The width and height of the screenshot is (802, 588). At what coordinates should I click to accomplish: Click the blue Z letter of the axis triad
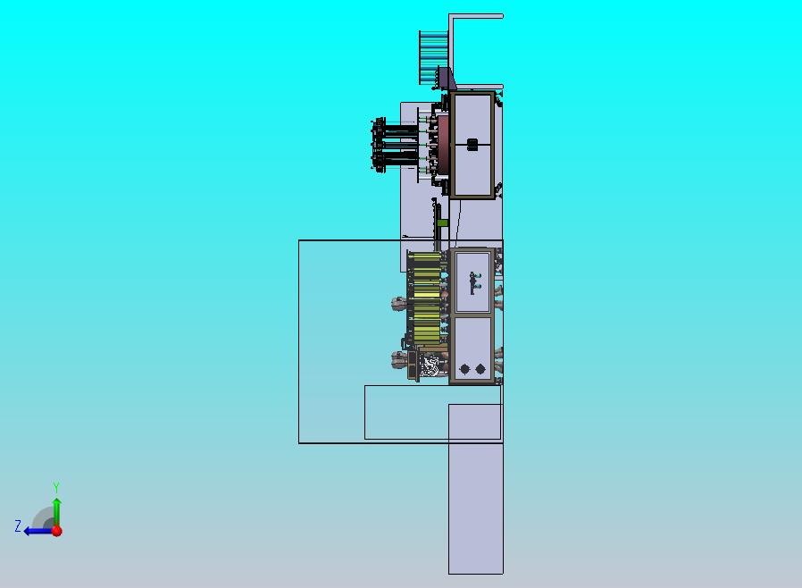18,525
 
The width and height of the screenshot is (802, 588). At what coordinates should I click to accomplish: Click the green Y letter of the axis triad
56,487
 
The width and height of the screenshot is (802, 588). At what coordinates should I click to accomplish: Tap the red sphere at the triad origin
57,531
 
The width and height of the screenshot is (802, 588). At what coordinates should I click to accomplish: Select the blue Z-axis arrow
38,531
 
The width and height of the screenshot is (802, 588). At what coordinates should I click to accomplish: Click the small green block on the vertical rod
442,223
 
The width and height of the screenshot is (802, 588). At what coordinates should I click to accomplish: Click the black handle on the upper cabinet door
472,145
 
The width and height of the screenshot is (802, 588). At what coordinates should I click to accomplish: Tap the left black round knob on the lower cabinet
464,368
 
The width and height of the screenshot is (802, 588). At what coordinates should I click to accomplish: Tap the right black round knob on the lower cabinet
480,368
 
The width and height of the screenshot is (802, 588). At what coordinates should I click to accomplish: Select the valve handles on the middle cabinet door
475,282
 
